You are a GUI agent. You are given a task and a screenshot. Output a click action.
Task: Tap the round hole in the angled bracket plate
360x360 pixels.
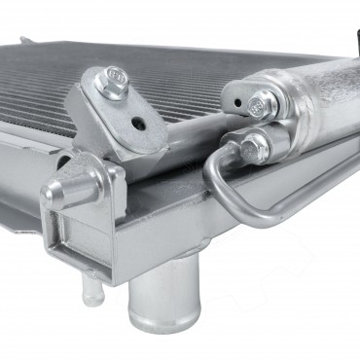coord(140,125)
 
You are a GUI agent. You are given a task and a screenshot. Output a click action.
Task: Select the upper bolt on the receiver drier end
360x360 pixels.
coord(260,100)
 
